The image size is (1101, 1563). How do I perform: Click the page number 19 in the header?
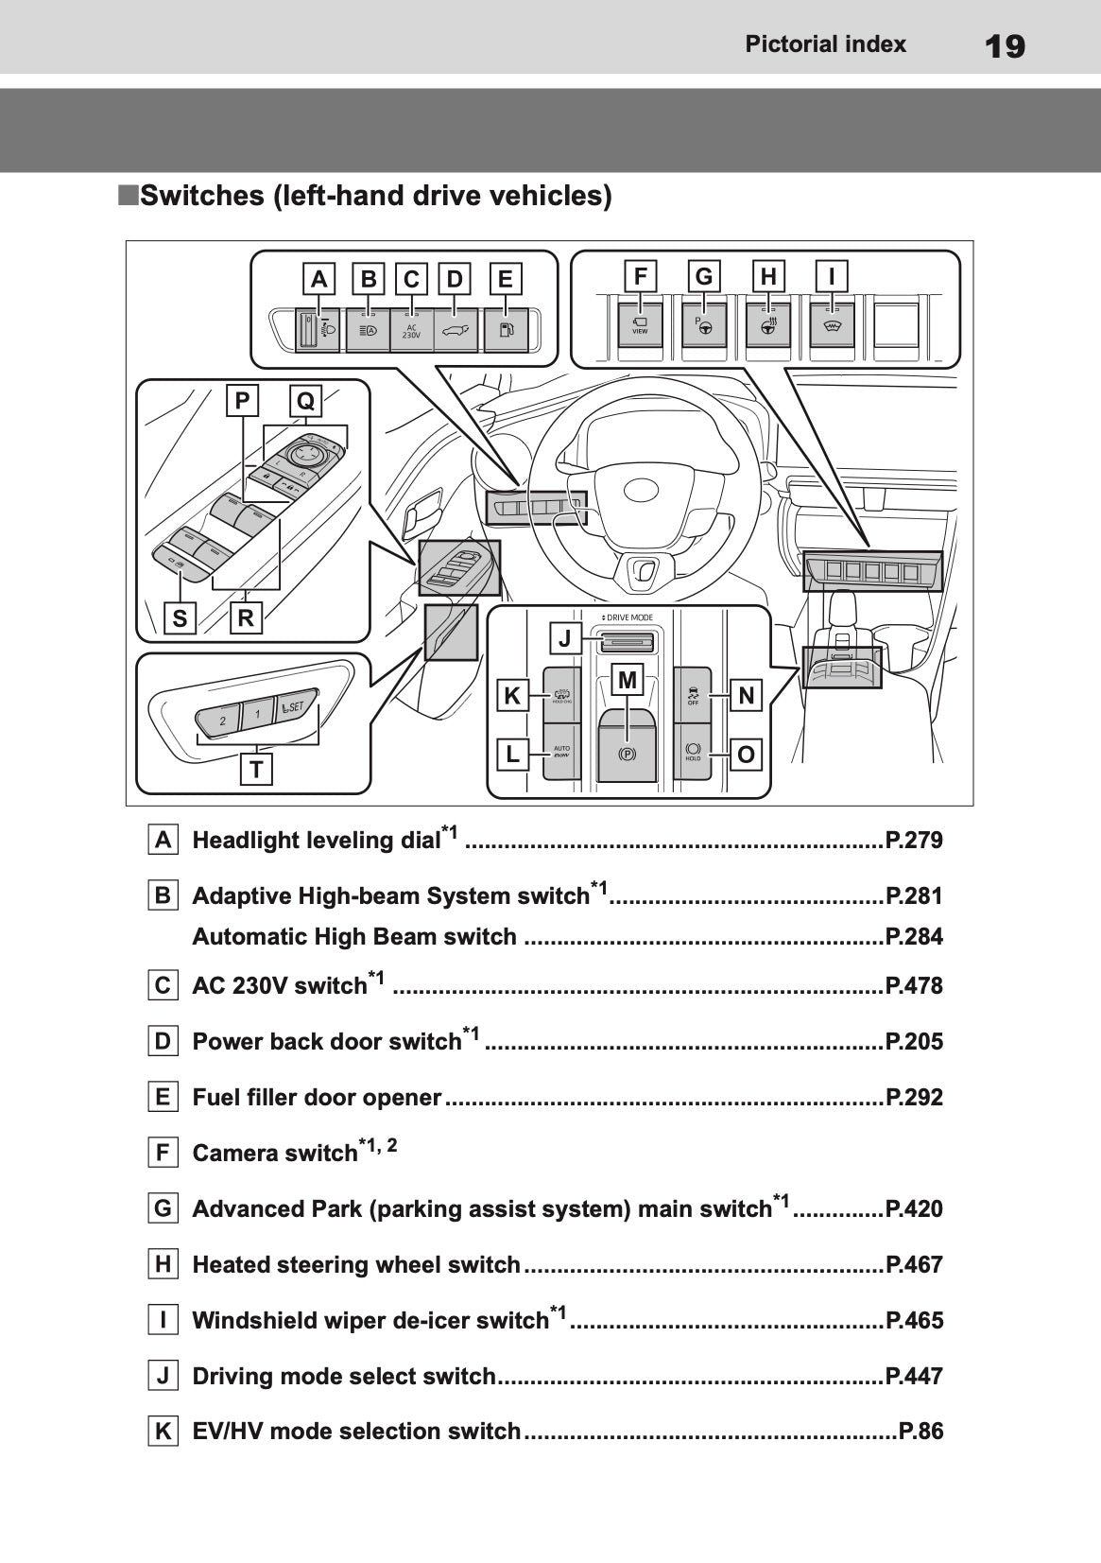point(1004,44)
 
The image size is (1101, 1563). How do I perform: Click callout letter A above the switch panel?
point(319,279)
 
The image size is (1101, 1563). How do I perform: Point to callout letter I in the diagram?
point(832,276)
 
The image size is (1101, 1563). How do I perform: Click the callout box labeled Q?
point(305,401)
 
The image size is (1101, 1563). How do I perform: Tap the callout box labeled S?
point(180,618)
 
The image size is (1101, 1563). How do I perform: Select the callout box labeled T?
point(256,770)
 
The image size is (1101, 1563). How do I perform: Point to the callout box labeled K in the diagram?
point(511,696)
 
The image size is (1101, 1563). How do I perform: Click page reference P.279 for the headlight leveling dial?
point(913,840)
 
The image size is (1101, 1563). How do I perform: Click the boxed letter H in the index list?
point(163,1264)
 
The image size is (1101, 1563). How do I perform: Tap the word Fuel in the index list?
point(213,1097)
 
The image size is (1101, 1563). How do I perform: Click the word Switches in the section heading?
point(202,196)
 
